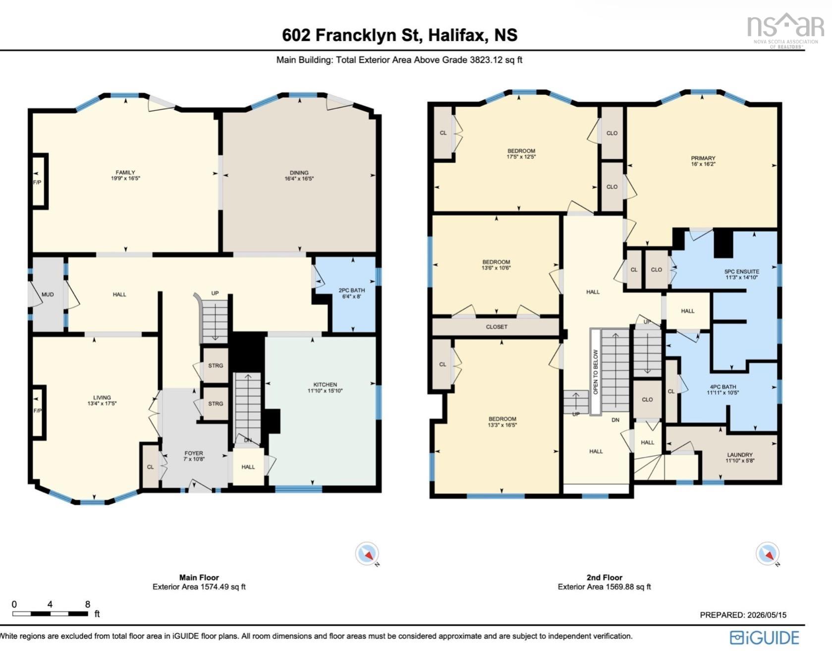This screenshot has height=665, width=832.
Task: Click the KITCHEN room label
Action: point(325,384)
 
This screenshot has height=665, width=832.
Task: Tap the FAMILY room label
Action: point(125,172)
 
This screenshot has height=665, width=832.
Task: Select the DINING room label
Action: point(299,173)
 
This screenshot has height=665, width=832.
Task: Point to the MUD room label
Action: point(48,294)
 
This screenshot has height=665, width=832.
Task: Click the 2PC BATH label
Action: point(351,290)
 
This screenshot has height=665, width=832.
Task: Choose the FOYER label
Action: point(194,453)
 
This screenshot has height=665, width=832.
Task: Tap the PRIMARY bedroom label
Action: point(703,158)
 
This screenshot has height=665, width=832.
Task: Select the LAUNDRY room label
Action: point(740,455)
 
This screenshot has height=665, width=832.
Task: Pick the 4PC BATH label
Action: point(722,387)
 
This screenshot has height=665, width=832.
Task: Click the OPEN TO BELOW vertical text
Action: point(596,372)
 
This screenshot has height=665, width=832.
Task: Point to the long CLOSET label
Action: point(497,327)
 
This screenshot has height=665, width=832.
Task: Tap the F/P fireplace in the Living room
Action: point(37,411)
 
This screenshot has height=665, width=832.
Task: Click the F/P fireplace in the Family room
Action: point(37,182)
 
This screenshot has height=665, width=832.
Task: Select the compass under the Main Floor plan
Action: point(367,553)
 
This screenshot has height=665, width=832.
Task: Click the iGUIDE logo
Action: point(765,638)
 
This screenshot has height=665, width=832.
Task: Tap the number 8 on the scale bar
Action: point(88,604)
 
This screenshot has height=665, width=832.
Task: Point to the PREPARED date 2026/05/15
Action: point(765,615)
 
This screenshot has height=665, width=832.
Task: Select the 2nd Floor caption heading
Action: point(604,577)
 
